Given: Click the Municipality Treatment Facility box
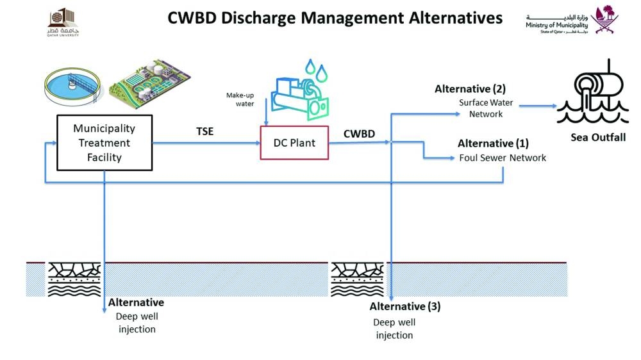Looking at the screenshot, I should click(x=104, y=143).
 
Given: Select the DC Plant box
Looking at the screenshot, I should click(x=293, y=142).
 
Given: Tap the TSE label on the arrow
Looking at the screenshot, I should click(x=205, y=132).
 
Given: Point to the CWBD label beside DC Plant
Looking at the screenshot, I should click(x=360, y=135).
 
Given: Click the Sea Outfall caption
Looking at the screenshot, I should click(x=597, y=138).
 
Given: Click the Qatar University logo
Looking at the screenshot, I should click(x=63, y=24).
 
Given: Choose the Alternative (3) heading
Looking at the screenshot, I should click(x=405, y=306).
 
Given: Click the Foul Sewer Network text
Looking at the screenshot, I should click(x=503, y=158).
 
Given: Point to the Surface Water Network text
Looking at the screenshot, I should click(x=485, y=108).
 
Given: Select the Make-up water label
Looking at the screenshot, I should click(x=240, y=99).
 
